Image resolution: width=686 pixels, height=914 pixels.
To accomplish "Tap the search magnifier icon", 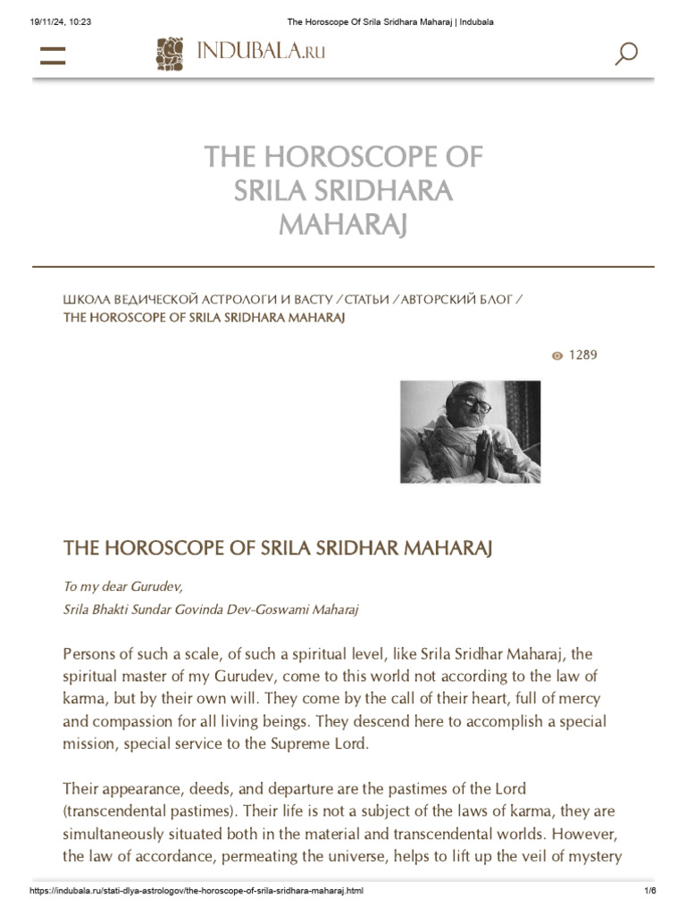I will coord(626,54).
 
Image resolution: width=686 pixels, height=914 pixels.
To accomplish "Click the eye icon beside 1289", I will coord(557,356).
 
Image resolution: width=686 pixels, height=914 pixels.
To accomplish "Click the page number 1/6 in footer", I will coord(649,893).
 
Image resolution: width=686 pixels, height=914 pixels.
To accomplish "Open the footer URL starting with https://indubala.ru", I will coord(196,893).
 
